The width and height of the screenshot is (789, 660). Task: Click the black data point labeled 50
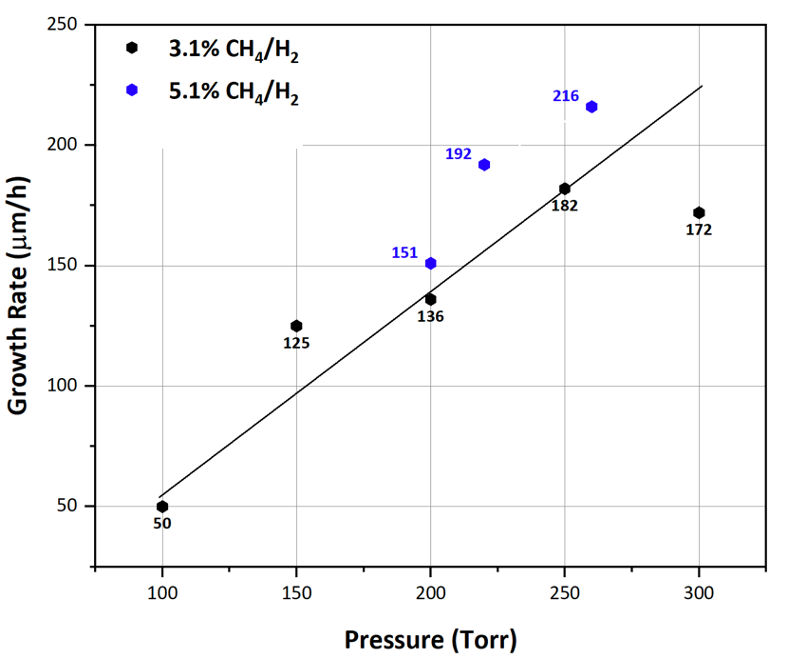162,506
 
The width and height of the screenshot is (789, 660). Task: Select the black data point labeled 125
296,326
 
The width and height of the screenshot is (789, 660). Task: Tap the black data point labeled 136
430,299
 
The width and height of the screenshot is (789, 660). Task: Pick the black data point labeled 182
565,188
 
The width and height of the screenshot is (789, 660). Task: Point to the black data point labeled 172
699,212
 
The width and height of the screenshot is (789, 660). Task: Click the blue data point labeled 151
431,263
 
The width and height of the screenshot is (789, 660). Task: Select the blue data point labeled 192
484,164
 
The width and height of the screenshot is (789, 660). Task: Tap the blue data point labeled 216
591,107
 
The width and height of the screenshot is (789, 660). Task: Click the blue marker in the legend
132,90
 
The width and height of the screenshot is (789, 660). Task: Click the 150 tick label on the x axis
296,594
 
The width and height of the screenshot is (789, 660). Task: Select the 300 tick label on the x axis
699,594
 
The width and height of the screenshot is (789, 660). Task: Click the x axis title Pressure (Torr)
431,638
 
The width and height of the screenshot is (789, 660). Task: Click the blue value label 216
566,96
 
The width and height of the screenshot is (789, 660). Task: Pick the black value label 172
699,230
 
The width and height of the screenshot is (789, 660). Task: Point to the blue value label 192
458,154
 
